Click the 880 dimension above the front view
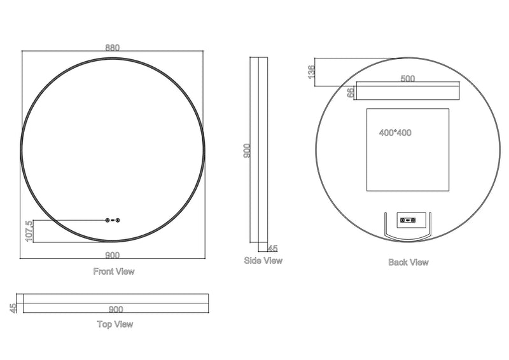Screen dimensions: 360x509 pyautogui.click(x=113, y=47)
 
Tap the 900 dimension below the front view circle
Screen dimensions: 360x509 pyautogui.click(x=113, y=255)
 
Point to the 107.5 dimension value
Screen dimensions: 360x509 pyautogui.click(x=27, y=230)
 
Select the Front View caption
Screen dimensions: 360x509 pyautogui.click(x=114, y=272)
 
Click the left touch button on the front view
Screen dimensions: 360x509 pyautogui.click(x=108, y=221)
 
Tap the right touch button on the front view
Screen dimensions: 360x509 pyautogui.click(x=119, y=221)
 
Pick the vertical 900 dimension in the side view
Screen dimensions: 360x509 pyautogui.click(x=247, y=150)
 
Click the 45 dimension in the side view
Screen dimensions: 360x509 pyautogui.click(x=273, y=248)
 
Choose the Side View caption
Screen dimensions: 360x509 pyautogui.click(x=263, y=261)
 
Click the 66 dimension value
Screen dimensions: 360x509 pyautogui.click(x=350, y=92)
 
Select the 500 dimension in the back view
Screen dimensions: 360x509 pyautogui.click(x=407, y=79)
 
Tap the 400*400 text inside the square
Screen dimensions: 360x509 pyautogui.click(x=394, y=134)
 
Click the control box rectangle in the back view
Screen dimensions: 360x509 pyautogui.click(x=407, y=220)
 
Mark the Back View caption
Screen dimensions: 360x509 pyautogui.click(x=408, y=262)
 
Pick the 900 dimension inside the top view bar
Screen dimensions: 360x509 pyautogui.click(x=115, y=310)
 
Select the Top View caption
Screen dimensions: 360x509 pyautogui.click(x=115, y=324)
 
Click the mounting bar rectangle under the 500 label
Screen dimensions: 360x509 pyautogui.click(x=407, y=92)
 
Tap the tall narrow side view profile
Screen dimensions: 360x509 pyautogui.click(x=258, y=153)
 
